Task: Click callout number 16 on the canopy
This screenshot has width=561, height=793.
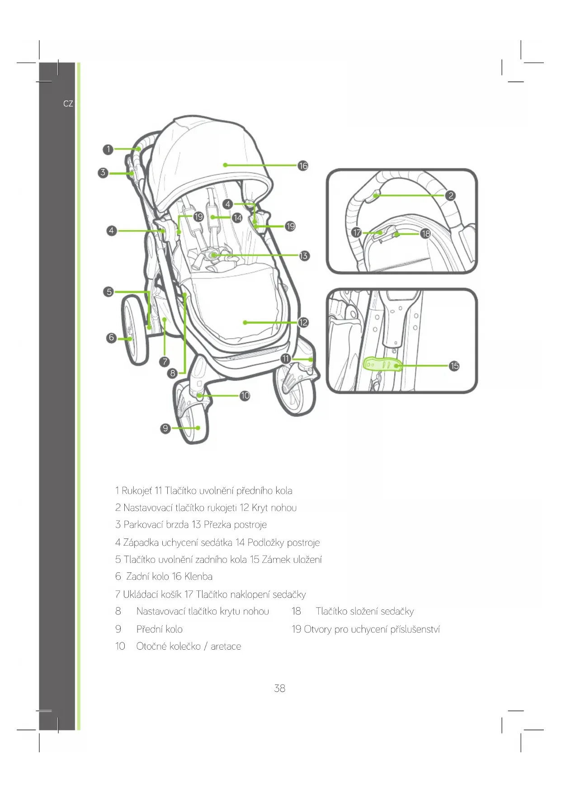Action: click(x=303, y=166)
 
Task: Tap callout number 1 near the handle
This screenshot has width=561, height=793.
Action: click(x=108, y=149)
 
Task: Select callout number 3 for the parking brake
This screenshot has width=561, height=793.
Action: click(x=103, y=172)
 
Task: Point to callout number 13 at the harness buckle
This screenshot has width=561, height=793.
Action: click(x=304, y=256)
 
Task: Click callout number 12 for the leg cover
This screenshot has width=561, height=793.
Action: click(x=303, y=322)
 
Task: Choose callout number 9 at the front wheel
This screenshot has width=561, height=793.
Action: click(x=165, y=428)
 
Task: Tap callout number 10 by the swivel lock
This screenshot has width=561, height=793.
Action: click(x=245, y=396)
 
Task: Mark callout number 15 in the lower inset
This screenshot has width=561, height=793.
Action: click(x=454, y=366)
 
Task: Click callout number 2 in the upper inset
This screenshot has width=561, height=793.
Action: click(x=450, y=195)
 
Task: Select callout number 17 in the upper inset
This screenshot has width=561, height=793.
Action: click(x=357, y=232)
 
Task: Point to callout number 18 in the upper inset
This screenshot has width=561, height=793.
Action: click(x=425, y=234)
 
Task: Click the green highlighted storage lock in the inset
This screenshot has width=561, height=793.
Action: click(x=382, y=364)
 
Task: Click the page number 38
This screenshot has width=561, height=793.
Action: click(x=280, y=688)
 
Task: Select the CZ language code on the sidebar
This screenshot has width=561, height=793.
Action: click(x=68, y=104)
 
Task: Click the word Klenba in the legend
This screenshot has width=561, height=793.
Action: click(x=198, y=576)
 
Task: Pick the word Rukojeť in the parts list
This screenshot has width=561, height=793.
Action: click(x=137, y=491)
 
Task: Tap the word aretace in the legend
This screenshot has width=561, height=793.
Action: click(x=226, y=646)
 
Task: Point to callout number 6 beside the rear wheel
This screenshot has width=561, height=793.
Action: click(x=111, y=337)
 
